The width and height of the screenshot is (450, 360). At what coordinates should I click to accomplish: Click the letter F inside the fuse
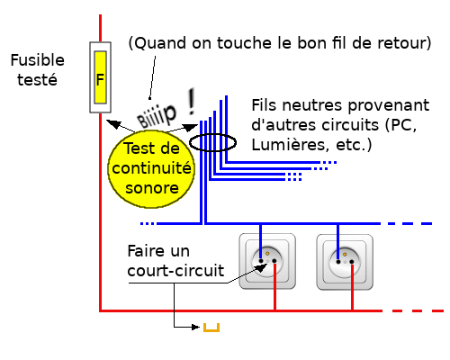[100, 80]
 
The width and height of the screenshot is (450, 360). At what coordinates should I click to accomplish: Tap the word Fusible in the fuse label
[38, 60]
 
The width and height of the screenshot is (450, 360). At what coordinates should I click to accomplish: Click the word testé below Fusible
[37, 80]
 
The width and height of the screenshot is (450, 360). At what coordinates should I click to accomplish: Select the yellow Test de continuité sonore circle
[151, 169]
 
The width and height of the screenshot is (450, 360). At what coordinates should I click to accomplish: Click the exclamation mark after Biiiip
[191, 102]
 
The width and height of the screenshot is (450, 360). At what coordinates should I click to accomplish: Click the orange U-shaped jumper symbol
[211, 328]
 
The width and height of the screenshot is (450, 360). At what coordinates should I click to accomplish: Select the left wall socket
[267, 261]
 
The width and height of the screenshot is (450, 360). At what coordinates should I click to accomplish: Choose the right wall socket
[345, 263]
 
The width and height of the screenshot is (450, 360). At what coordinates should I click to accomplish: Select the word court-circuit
[175, 271]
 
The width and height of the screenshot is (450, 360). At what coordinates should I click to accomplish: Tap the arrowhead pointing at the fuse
[113, 123]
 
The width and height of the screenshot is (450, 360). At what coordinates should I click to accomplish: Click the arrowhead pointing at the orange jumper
[196, 327]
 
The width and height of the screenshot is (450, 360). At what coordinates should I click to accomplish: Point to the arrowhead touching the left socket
[262, 267]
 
